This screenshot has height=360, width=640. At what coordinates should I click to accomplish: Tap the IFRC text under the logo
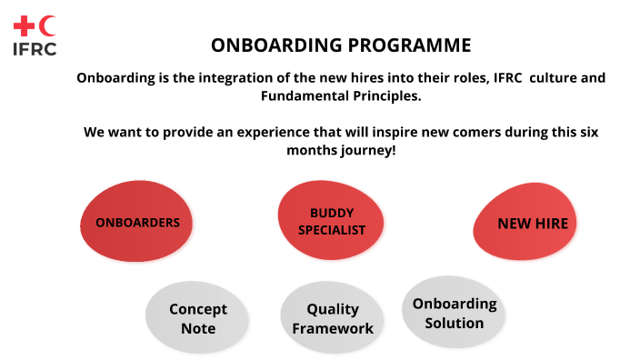(x=35, y=49)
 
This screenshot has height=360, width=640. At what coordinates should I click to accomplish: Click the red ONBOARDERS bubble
(x=137, y=222)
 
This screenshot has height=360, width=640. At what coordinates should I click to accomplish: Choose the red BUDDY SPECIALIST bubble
(x=332, y=221)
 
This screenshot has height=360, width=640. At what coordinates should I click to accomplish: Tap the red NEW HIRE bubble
(x=532, y=223)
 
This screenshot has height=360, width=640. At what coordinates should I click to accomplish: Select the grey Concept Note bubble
(x=198, y=318)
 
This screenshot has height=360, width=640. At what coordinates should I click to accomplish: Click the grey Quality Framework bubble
(x=333, y=319)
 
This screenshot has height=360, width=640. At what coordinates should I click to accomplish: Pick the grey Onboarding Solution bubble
(x=454, y=313)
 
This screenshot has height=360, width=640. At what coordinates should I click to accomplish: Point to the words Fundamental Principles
(x=340, y=95)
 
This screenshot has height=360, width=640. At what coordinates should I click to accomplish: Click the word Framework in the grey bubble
(x=333, y=328)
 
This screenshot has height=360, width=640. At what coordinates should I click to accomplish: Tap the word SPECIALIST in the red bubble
(x=332, y=230)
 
